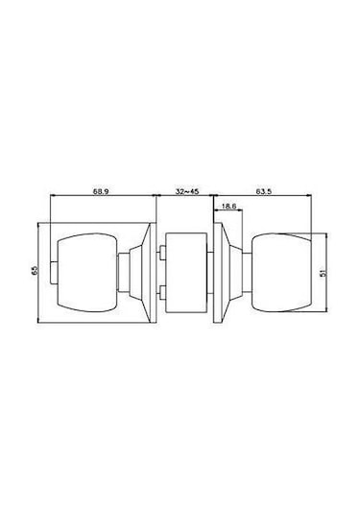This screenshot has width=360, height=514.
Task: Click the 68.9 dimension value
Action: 100,192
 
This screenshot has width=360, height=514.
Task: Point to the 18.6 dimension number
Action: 229,207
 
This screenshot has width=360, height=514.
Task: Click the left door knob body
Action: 87,272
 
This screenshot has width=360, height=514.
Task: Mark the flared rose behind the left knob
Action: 147,272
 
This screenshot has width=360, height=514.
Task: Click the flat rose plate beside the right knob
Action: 221,272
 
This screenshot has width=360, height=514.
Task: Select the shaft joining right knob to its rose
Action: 242,272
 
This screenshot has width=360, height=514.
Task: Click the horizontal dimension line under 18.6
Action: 230,213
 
